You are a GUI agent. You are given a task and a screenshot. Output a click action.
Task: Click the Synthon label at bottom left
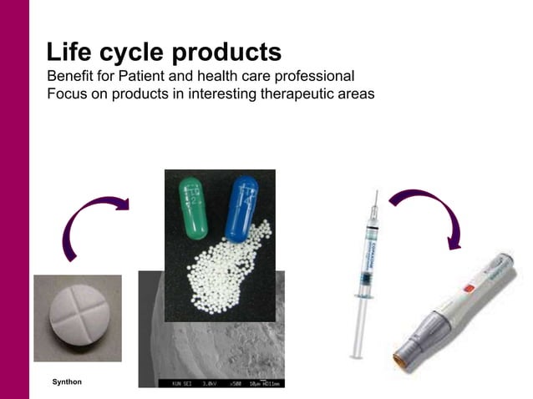tap(67, 381)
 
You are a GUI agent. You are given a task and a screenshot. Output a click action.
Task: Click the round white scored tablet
tap(77, 318)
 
